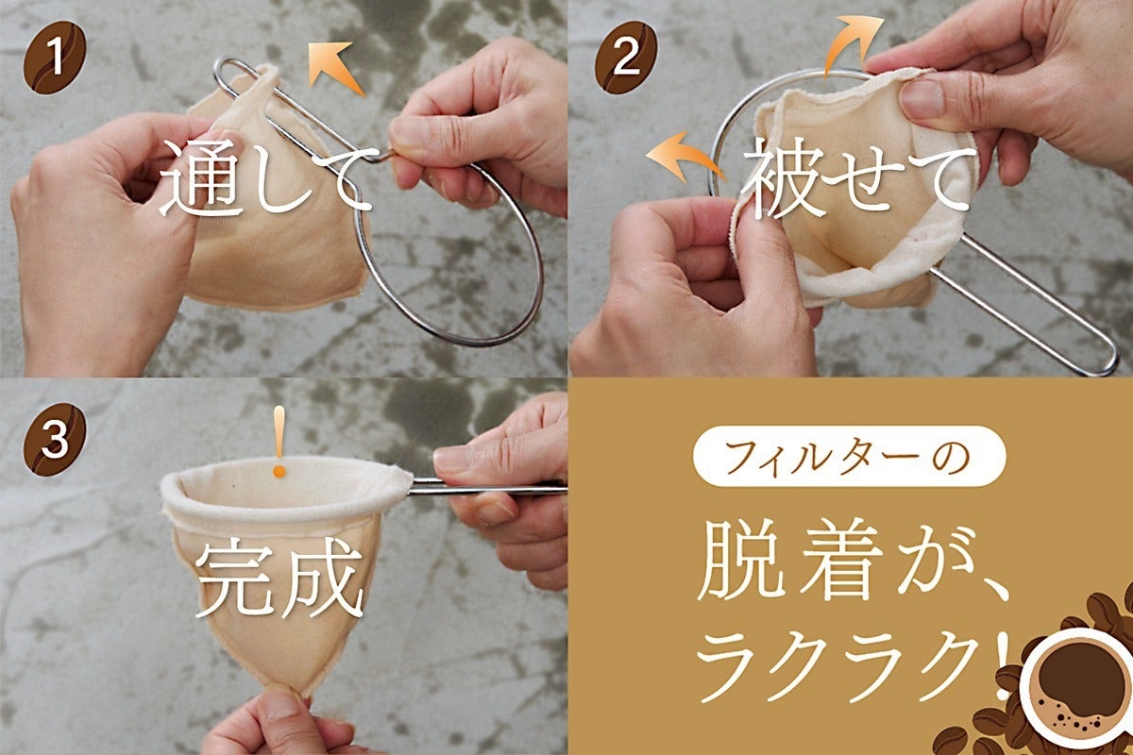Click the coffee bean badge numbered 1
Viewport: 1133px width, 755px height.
[x=55, y=58]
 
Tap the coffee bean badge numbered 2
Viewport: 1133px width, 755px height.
[x=626, y=58]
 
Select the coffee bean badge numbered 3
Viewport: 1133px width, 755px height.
[x=55, y=440]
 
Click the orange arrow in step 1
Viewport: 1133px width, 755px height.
[x=335, y=67]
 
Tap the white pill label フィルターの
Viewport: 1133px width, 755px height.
[x=849, y=457]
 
